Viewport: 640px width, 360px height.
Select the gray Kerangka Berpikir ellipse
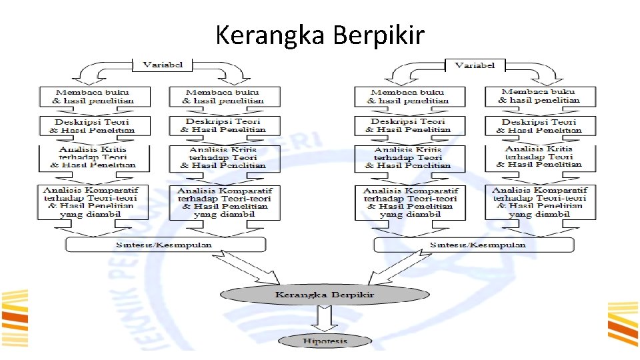pos(325,294)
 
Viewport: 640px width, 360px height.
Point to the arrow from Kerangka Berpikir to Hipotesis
pos(325,318)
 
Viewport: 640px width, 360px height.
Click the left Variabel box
pos(163,65)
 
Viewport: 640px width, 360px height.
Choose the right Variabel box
pos(474,65)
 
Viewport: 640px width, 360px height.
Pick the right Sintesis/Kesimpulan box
pos(474,245)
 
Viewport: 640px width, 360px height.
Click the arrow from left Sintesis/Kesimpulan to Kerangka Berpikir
pos(267,269)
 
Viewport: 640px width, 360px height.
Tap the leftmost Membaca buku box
pos(94,96)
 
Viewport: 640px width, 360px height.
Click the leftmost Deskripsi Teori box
pos(94,125)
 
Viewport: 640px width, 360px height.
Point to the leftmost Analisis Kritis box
pos(94,157)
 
